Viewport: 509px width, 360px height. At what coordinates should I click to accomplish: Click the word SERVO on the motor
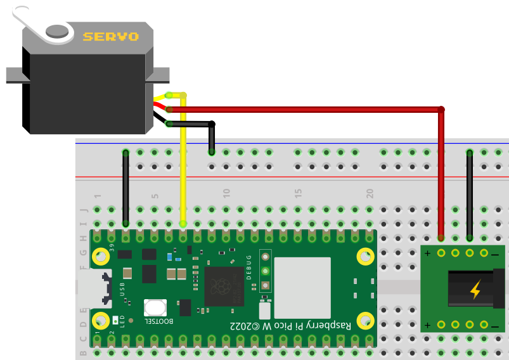[110, 37]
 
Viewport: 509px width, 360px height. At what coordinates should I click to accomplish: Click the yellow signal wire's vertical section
[183, 165]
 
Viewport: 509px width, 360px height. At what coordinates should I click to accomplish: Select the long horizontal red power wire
[304, 109]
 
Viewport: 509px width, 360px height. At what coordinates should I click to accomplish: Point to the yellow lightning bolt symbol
[475, 290]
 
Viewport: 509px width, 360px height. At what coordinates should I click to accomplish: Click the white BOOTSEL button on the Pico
[155, 308]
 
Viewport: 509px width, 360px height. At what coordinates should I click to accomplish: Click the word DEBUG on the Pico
[248, 267]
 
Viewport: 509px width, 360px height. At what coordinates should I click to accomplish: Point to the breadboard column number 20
[370, 193]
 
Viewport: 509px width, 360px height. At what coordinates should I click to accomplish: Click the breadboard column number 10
[226, 193]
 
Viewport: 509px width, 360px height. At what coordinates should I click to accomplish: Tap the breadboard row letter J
[82, 210]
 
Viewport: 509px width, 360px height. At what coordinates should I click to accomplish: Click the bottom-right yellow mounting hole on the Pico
[365, 320]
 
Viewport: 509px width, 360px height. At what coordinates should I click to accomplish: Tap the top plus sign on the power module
[427, 254]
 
